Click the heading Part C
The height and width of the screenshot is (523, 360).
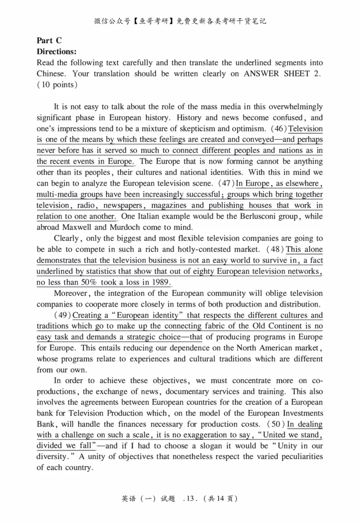pos(49,40)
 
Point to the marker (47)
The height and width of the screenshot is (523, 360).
pos(227,183)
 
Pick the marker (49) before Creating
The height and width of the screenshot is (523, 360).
pos(63,315)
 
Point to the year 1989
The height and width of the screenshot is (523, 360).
pos(161,282)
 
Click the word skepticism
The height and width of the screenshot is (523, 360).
pos(179,129)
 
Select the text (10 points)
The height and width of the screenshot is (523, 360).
pos(57,85)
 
